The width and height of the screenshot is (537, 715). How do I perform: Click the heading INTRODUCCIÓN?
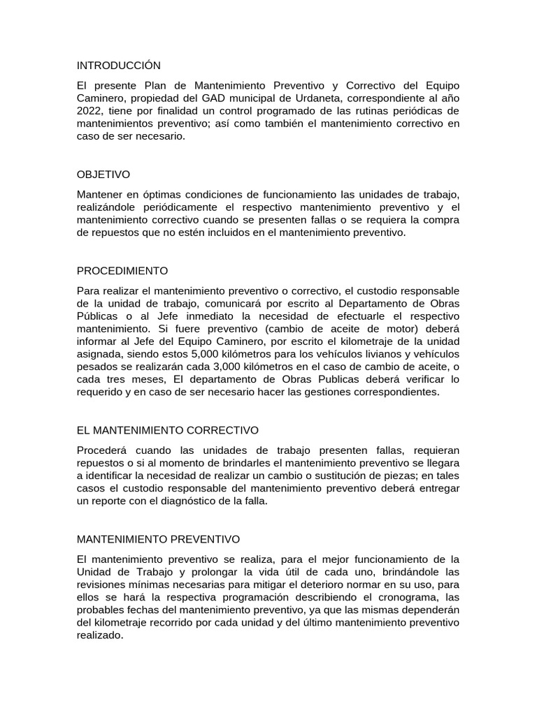[x=118, y=66]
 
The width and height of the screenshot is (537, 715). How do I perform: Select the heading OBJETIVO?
[x=103, y=175]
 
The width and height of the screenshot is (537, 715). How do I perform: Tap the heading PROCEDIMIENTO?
[x=122, y=270]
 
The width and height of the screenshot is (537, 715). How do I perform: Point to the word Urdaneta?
[x=324, y=98]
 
